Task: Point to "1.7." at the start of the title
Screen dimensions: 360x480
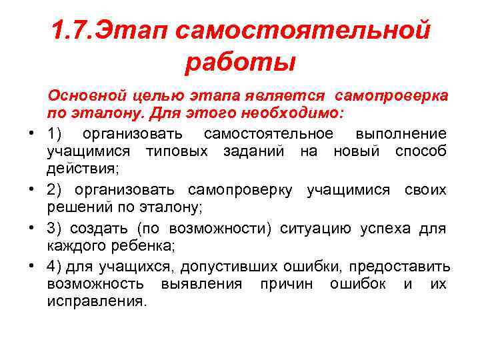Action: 73,30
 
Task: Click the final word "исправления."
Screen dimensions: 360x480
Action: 96,301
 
